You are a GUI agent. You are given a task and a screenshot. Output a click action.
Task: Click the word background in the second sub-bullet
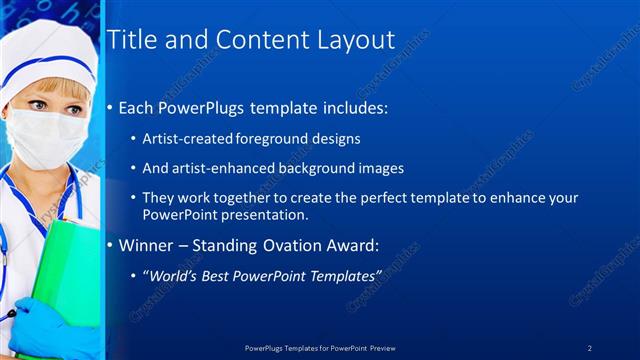tap(306, 168)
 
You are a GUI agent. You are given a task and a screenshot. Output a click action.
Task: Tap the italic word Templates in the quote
tap(344, 274)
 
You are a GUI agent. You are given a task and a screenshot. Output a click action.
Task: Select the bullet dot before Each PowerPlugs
tap(110, 108)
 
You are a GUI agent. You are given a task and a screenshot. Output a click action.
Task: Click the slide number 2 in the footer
tap(589, 347)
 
